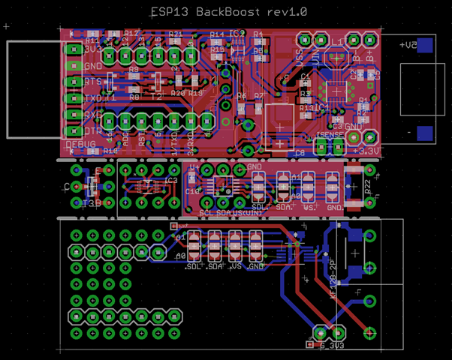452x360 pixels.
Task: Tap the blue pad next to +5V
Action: [x=425, y=45]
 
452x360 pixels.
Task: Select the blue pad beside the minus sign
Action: [x=425, y=133]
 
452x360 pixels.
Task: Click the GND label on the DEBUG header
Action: [x=93, y=66]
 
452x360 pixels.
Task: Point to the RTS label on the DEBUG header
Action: [x=93, y=82]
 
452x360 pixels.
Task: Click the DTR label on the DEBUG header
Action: [x=93, y=130]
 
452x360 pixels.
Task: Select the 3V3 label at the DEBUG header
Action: [x=94, y=49]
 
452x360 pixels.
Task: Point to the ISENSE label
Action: [x=329, y=135]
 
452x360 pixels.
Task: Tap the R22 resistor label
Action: [x=367, y=187]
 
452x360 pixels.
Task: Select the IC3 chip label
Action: [x=170, y=181]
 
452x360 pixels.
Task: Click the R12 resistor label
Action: [x=131, y=34]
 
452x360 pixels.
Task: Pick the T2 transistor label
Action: [x=158, y=97]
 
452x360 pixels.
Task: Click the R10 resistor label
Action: [x=110, y=151]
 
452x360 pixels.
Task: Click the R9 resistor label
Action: [x=134, y=69]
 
